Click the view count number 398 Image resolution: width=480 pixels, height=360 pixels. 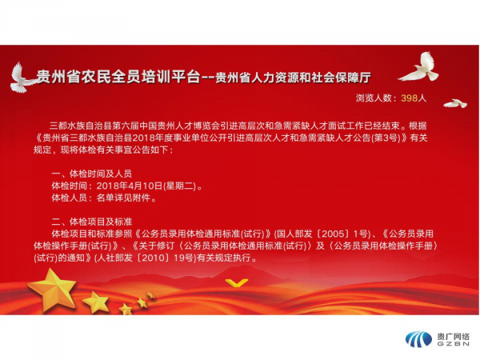409,98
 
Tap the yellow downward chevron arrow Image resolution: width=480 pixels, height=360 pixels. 237,282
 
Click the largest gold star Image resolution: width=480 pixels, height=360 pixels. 52,289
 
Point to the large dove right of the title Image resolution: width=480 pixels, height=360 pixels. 421,67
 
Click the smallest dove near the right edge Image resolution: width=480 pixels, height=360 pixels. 455,103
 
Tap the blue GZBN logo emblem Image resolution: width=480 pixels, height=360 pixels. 418,339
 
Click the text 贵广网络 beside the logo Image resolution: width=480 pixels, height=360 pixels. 453,337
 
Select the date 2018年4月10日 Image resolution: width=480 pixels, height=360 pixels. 129,186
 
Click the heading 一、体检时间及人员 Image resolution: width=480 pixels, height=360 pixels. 92,174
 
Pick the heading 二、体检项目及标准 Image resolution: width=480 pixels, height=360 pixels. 92,222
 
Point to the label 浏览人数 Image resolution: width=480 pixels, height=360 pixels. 374,98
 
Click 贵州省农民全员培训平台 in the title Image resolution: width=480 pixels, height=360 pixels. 118,77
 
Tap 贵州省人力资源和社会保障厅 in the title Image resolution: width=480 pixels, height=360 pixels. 293,78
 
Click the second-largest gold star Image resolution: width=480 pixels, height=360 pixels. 96,302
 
